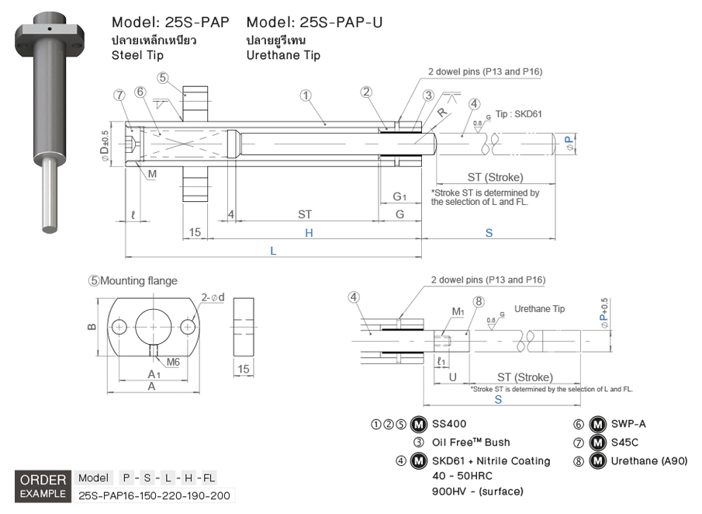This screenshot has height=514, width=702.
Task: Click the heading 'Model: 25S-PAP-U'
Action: click(x=314, y=22)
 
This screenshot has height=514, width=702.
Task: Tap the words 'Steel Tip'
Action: click(x=137, y=55)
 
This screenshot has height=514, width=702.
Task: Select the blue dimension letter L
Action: click(x=272, y=250)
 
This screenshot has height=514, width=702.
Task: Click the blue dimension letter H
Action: click(x=308, y=232)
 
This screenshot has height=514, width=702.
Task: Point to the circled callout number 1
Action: click(x=306, y=96)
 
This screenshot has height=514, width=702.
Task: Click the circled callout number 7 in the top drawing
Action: click(x=119, y=95)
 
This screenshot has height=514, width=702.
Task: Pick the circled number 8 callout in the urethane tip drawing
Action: click(x=479, y=301)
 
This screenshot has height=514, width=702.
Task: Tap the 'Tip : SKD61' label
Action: click(x=517, y=113)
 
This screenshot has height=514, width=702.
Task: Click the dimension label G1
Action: click(x=399, y=196)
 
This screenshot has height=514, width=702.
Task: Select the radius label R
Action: click(x=441, y=111)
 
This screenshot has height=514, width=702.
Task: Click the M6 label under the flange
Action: click(x=172, y=361)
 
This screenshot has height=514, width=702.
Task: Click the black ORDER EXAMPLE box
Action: click(x=43, y=486)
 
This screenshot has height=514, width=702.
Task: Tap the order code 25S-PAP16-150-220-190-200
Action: click(x=155, y=495)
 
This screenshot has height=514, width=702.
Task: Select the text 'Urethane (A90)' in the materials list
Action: click(x=649, y=460)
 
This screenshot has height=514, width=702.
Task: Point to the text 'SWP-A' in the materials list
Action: click(x=629, y=424)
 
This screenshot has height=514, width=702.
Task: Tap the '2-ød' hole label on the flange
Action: click(x=213, y=297)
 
